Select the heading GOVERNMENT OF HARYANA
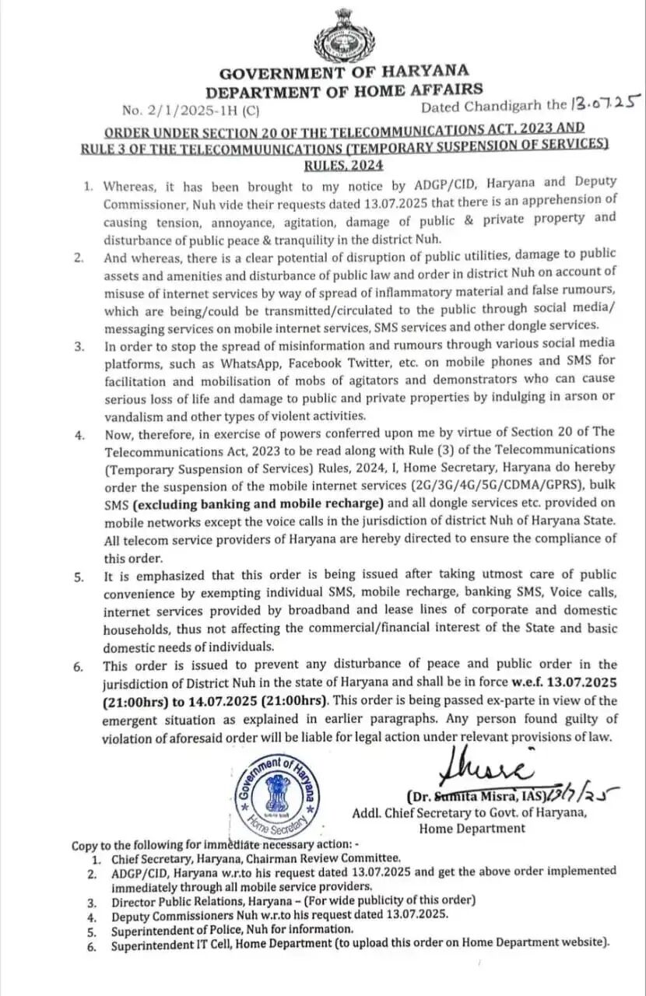343,74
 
